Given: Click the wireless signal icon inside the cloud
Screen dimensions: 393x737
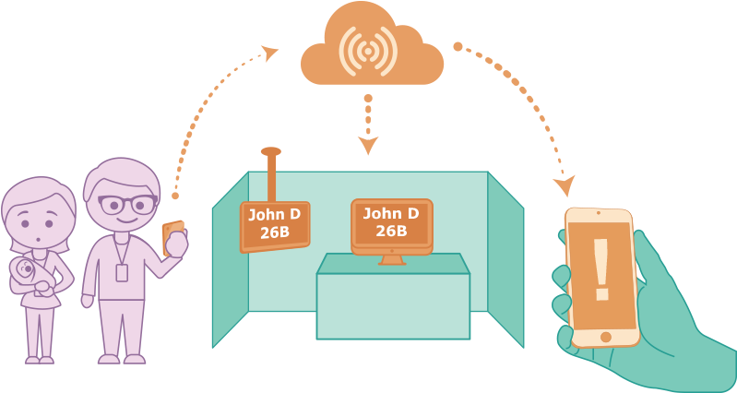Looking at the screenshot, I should click(368, 50).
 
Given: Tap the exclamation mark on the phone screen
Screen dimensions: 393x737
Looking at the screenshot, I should click(601, 269).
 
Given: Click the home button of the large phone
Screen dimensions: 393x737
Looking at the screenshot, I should click(605, 337).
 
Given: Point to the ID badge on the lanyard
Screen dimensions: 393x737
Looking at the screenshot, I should click(122, 272).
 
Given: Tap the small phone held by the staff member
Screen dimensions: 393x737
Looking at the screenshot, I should click(172, 236).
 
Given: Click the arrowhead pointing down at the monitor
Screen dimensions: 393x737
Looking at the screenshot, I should click(368, 145).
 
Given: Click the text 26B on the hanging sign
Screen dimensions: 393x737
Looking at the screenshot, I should click(275, 232).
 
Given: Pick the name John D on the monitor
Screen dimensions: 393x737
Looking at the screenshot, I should click(391, 213).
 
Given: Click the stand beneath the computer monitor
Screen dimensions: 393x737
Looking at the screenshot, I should click(392, 259).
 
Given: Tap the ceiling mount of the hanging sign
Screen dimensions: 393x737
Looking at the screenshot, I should click(270, 151).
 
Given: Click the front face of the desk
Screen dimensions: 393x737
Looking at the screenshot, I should click(393, 305).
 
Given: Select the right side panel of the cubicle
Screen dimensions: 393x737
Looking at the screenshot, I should click(505, 257).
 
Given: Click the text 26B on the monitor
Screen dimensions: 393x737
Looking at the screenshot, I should click(391, 231).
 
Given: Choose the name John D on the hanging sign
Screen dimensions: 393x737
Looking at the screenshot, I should click(274, 215).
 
